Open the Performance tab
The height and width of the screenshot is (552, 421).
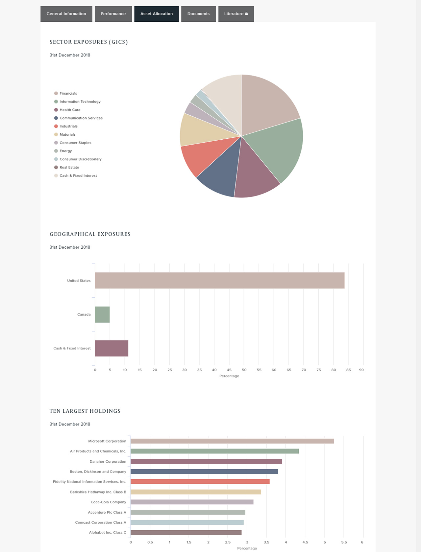pyautogui.click(x=113, y=14)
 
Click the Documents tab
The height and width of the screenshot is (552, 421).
pyautogui.click(x=198, y=14)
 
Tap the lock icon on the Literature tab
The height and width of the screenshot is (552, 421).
pyautogui.click(x=246, y=14)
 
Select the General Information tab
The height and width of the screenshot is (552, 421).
pyautogui.click(x=66, y=14)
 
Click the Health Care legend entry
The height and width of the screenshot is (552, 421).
pyautogui.click(x=70, y=110)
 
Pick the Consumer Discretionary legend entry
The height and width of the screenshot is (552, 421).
pyautogui.click(x=80, y=159)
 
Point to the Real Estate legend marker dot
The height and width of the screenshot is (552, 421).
pyautogui.click(x=56, y=167)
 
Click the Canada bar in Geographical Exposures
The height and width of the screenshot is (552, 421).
pyautogui.click(x=102, y=314)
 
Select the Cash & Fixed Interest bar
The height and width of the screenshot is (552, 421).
pyautogui.click(x=111, y=348)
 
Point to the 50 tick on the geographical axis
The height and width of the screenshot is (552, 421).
pyautogui.click(x=244, y=370)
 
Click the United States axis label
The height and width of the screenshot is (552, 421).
pyautogui.click(x=79, y=281)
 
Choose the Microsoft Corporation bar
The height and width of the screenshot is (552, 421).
pyautogui.click(x=232, y=441)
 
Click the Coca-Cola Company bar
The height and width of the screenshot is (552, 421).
pyautogui.click(x=192, y=502)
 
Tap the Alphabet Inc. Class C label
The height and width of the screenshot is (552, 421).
pyautogui.click(x=108, y=533)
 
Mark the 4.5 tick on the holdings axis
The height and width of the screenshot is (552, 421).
pyautogui.click(x=305, y=542)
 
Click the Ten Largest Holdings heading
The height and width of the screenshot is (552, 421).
pyautogui.click(x=85, y=411)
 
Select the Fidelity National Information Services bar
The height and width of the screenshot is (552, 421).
pyautogui.click(x=200, y=482)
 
